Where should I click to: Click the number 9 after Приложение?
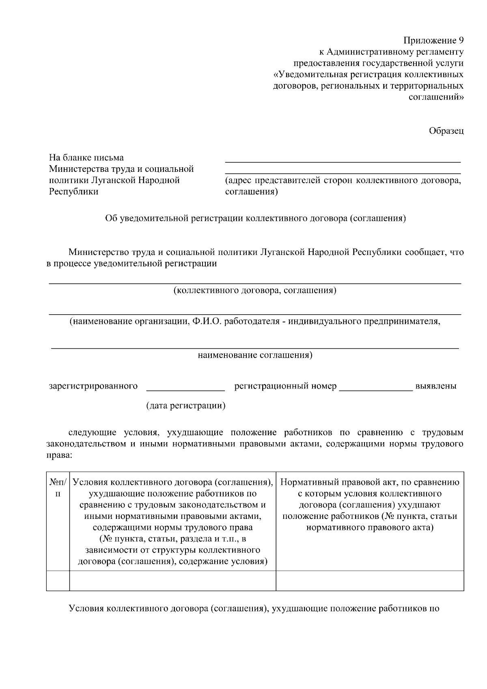(x=461, y=41)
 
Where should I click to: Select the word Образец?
(x=446, y=131)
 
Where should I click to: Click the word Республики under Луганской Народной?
(x=73, y=192)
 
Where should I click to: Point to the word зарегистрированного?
(x=93, y=386)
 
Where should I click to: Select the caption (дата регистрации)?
(x=186, y=406)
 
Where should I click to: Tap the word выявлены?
(x=435, y=386)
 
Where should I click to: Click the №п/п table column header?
(x=58, y=488)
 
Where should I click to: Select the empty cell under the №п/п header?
(x=58, y=580)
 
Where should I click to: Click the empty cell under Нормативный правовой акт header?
(x=370, y=580)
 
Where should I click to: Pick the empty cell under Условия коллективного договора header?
(x=173, y=580)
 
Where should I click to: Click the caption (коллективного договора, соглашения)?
(x=255, y=291)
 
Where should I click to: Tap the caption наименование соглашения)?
(x=255, y=356)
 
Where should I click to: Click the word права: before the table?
(x=60, y=455)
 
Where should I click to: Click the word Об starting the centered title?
(x=111, y=218)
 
